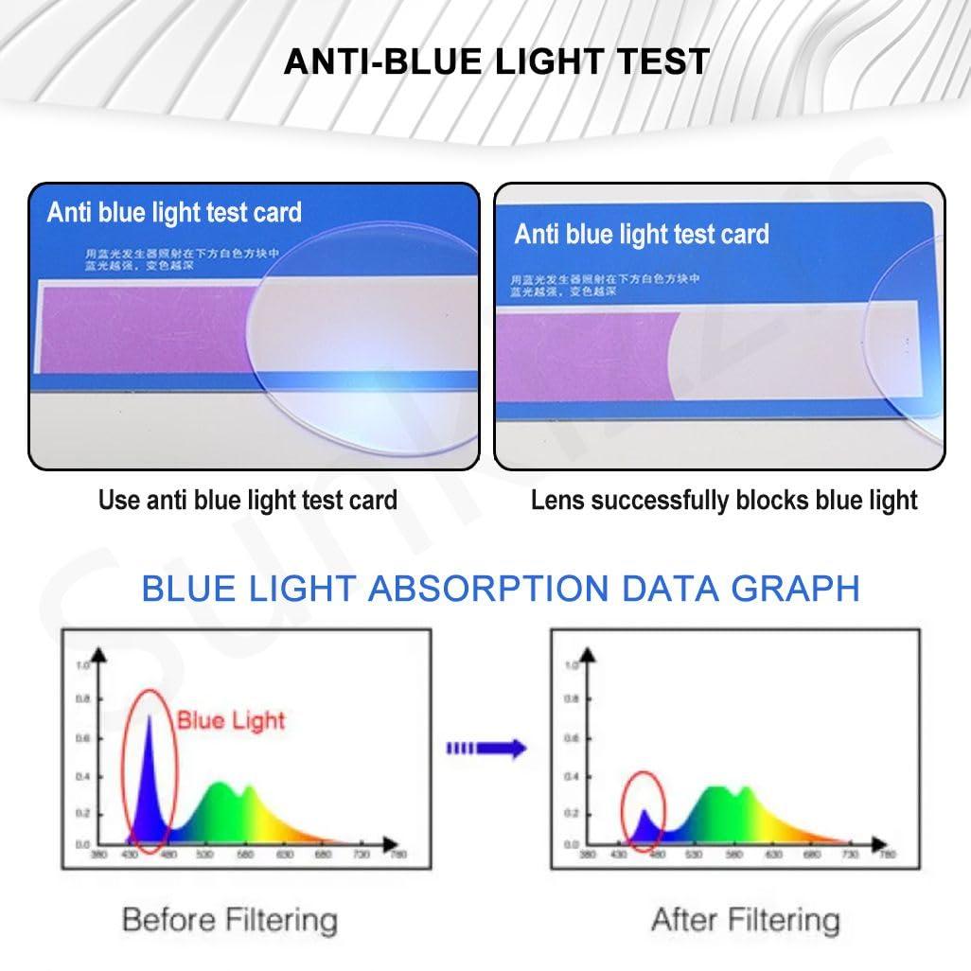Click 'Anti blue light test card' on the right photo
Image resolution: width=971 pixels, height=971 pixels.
[642, 234]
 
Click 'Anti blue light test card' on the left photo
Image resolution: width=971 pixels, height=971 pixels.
[174, 211]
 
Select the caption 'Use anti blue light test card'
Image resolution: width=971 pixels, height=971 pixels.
[248, 500]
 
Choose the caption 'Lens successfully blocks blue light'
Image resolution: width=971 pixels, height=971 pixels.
[724, 500]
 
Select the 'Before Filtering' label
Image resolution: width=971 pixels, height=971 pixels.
[230, 918]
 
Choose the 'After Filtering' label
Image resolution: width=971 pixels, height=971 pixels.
[745, 918]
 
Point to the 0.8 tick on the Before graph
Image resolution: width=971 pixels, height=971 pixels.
[82, 699]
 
